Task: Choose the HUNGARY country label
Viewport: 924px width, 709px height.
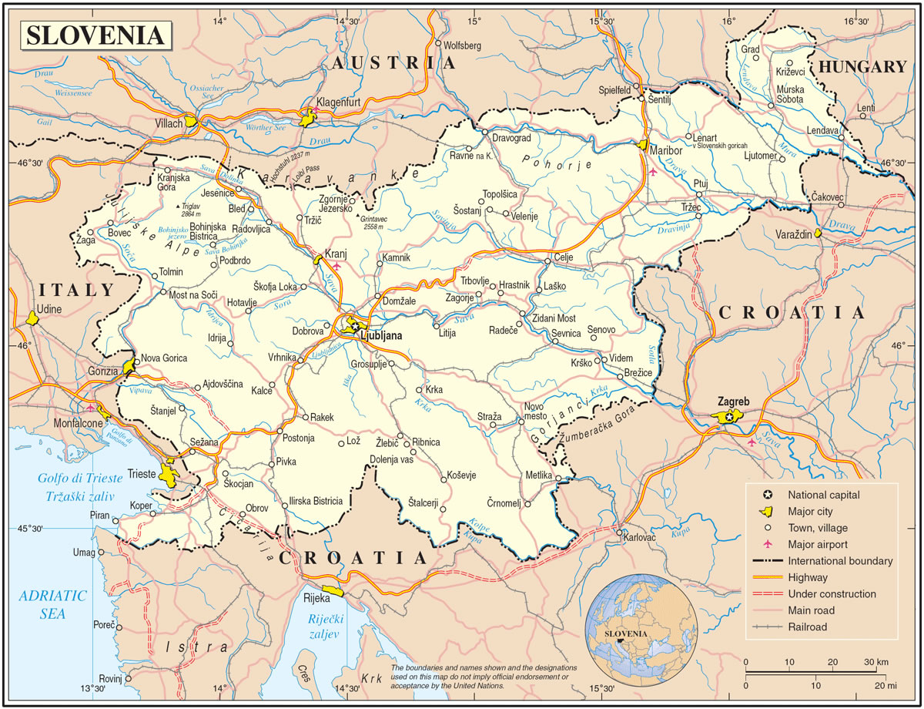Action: point(862,67)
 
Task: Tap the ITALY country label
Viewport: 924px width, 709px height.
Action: point(76,290)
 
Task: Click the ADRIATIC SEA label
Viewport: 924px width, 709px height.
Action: point(53,605)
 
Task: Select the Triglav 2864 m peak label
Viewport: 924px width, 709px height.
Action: point(199,210)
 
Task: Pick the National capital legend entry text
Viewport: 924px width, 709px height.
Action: point(824,495)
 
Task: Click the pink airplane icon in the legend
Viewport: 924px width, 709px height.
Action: point(766,544)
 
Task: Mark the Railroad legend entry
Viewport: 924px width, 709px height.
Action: point(807,627)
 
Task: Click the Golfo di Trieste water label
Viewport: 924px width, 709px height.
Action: point(75,478)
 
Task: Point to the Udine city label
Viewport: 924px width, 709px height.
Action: point(49,309)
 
